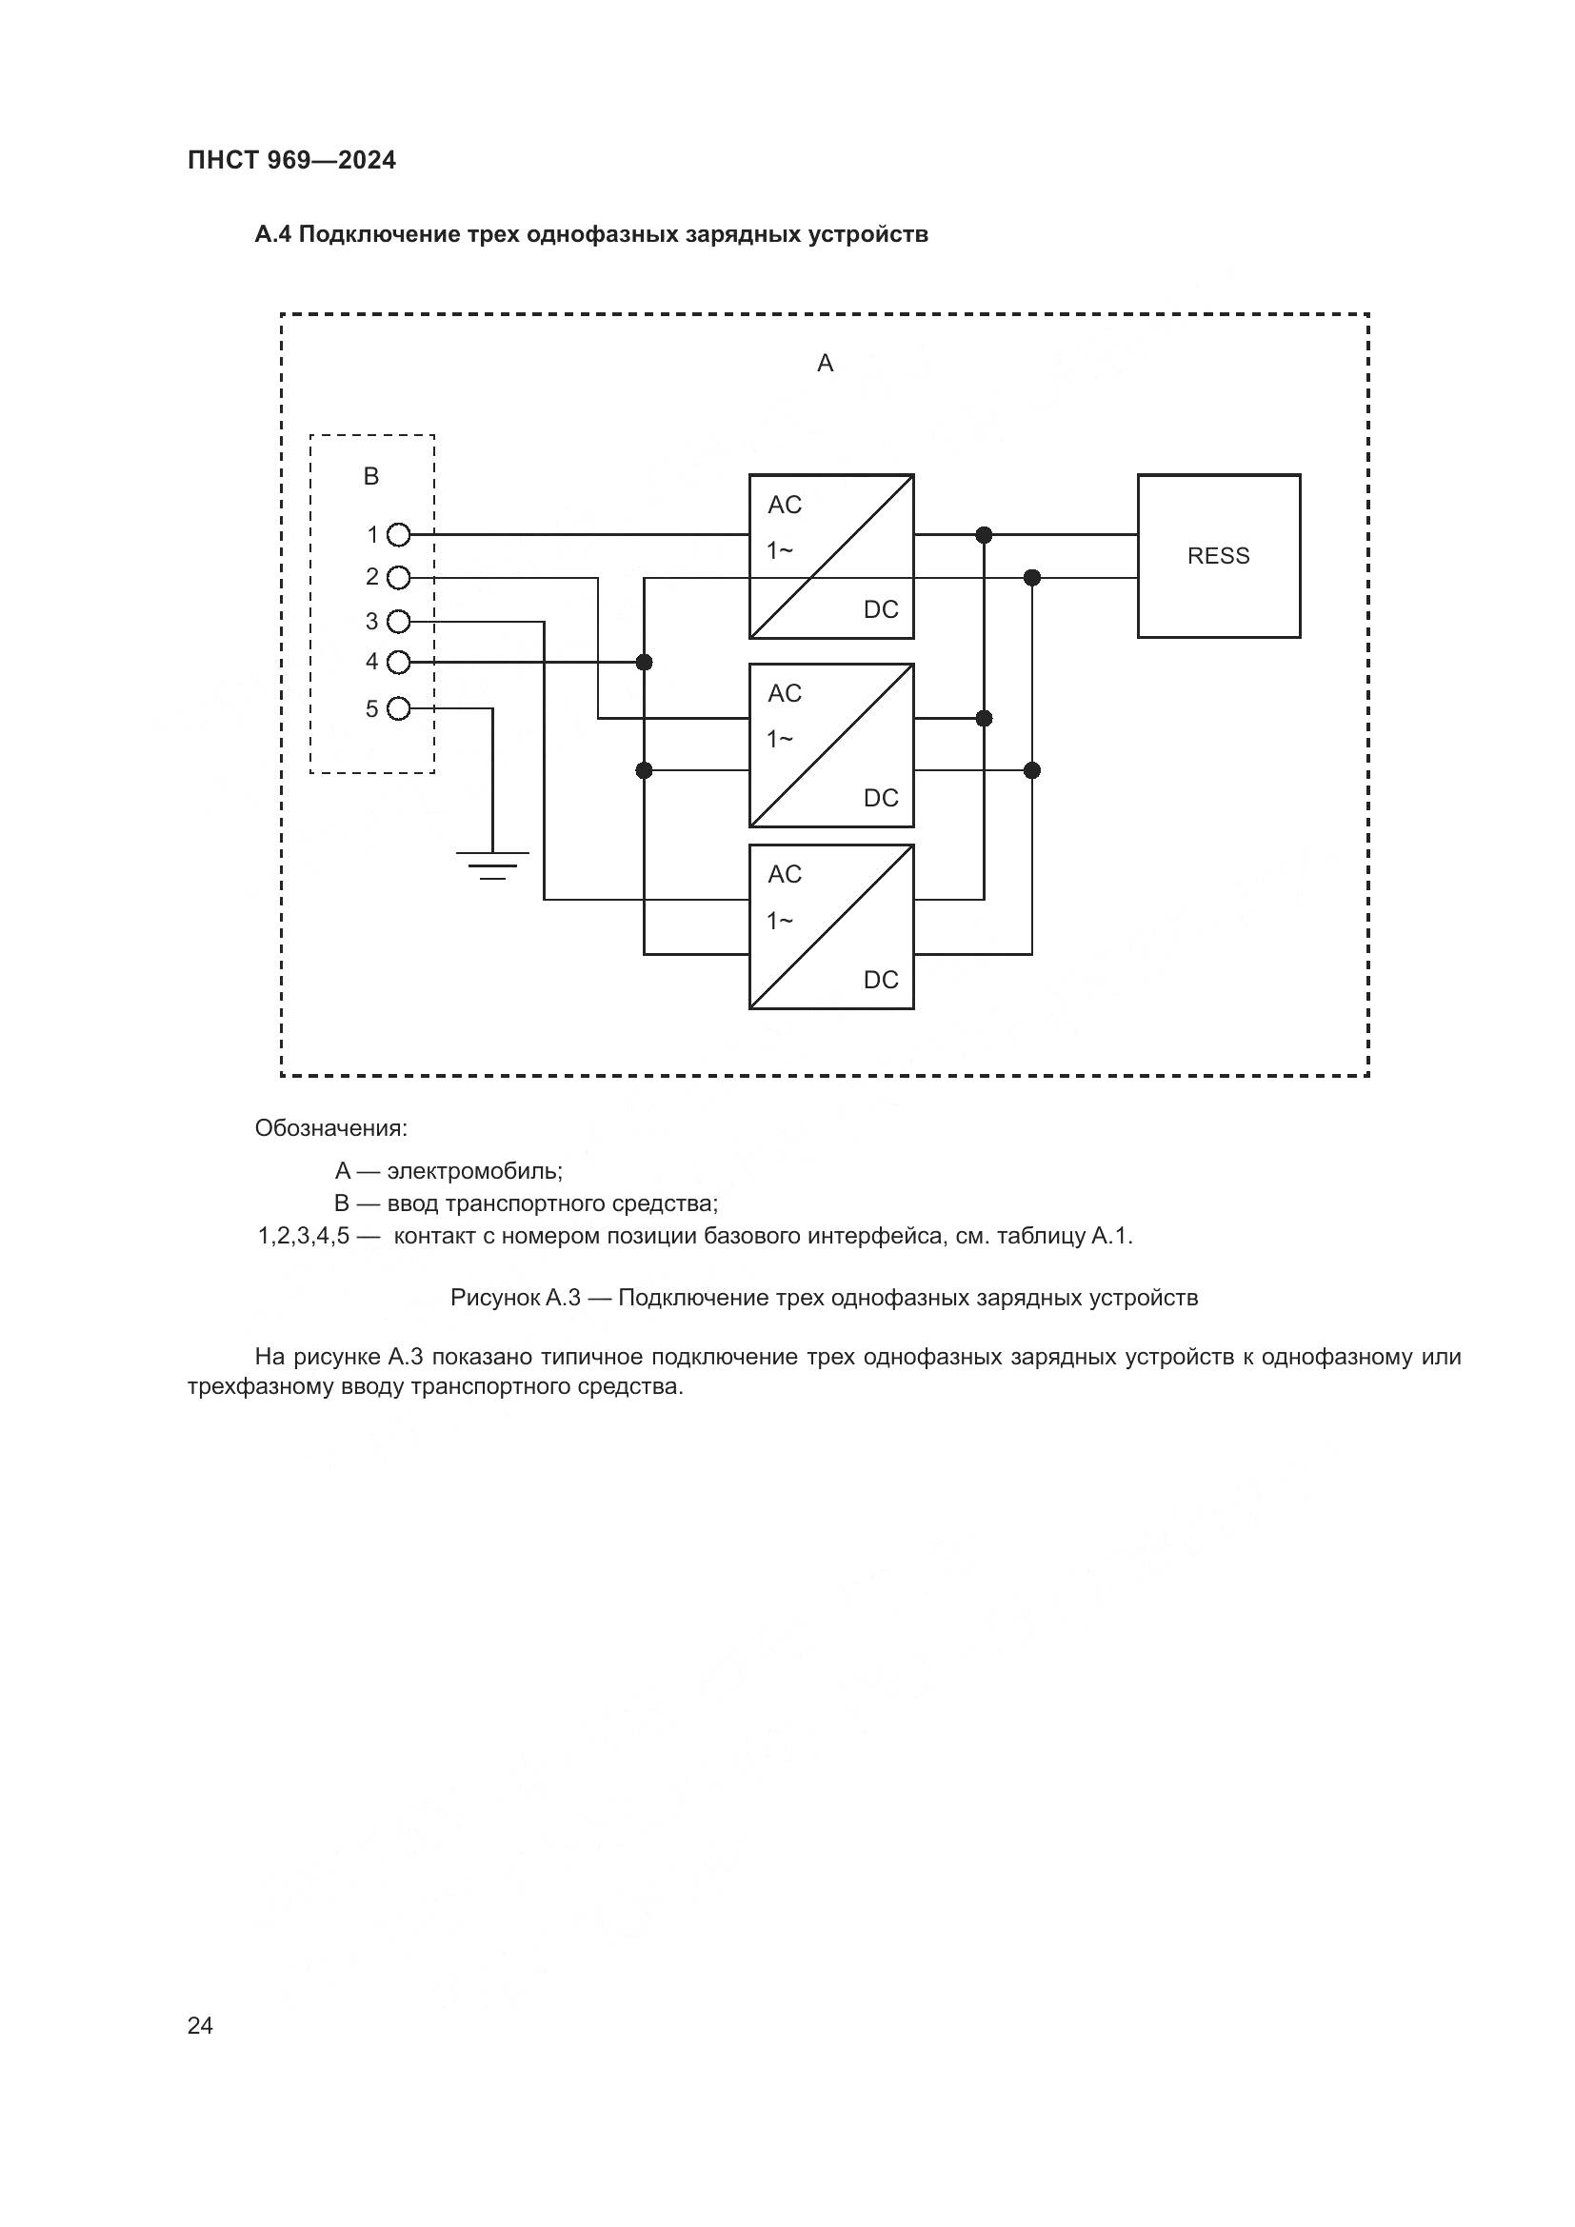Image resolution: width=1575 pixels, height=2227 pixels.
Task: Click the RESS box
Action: pyautogui.click(x=1218, y=556)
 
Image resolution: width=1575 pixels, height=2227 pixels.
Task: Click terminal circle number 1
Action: pyautogui.click(x=399, y=534)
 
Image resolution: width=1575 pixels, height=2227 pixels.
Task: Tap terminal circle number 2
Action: pyautogui.click(x=399, y=578)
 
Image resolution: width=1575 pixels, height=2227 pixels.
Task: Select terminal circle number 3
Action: pyautogui.click(x=399, y=621)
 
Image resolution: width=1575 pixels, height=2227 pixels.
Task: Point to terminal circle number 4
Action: pyautogui.click(x=399, y=663)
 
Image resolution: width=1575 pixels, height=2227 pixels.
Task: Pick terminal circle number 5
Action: pyautogui.click(x=399, y=709)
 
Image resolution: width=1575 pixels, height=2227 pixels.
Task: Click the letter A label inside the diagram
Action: pyautogui.click(x=826, y=364)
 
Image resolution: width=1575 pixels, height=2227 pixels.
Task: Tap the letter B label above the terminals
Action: pyautogui.click(x=371, y=476)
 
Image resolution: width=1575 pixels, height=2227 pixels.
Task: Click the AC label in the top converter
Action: pyautogui.click(x=785, y=506)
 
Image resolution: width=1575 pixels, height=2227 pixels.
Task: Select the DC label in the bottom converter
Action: pyautogui.click(x=881, y=980)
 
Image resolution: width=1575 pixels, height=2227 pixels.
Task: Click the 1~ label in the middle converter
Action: pyautogui.click(x=780, y=739)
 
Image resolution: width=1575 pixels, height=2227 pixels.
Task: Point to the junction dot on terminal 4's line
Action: pyautogui.click(x=644, y=663)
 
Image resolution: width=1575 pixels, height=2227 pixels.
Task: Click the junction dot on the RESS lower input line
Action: pyautogui.click(x=1032, y=578)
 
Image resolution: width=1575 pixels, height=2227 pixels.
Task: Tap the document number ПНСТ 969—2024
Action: pyautogui.click(x=292, y=161)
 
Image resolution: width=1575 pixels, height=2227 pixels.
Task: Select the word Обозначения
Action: pyautogui.click(x=330, y=1129)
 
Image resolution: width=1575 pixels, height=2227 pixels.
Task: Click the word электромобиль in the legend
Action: pyautogui.click(x=474, y=1171)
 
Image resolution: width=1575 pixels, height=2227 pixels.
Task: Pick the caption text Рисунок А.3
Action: pyautogui.click(x=515, y=1298)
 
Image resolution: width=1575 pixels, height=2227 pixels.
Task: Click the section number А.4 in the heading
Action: pyautogui.click(x=272, y=235)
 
